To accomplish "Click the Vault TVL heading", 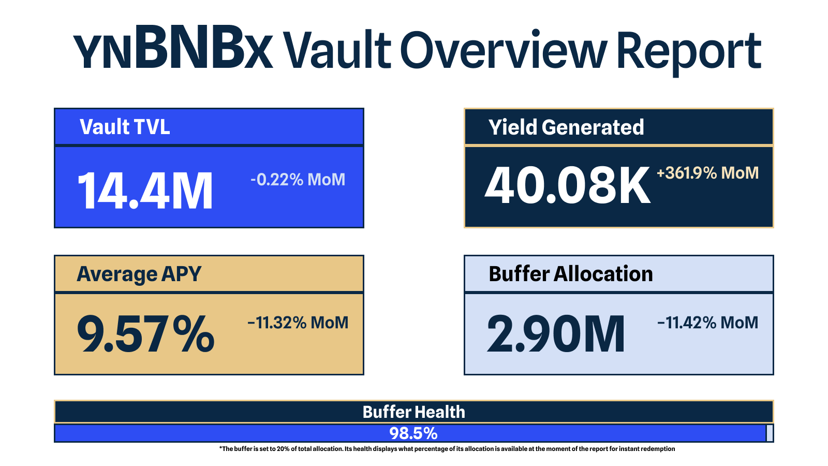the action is click(125, 127).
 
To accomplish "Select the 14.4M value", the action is click(145, 191).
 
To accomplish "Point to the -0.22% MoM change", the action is click(298, 180).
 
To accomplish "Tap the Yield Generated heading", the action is click(566, 127).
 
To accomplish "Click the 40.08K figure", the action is click(567, 184).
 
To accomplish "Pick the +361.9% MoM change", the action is click(707, 173).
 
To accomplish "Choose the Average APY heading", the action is click(139, 274).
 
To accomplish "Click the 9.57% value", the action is click(145, 334).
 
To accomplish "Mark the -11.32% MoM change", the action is click(298, 323).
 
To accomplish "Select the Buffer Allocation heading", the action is click(571, 274).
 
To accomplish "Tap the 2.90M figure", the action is click(556, 334).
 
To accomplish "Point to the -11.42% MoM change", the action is click(707, 323).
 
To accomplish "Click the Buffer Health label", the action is click(413, 412).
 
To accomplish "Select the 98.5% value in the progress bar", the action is click(413, 433).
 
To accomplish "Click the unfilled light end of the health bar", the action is click(770, 433).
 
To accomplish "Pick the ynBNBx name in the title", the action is click(173, 47).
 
